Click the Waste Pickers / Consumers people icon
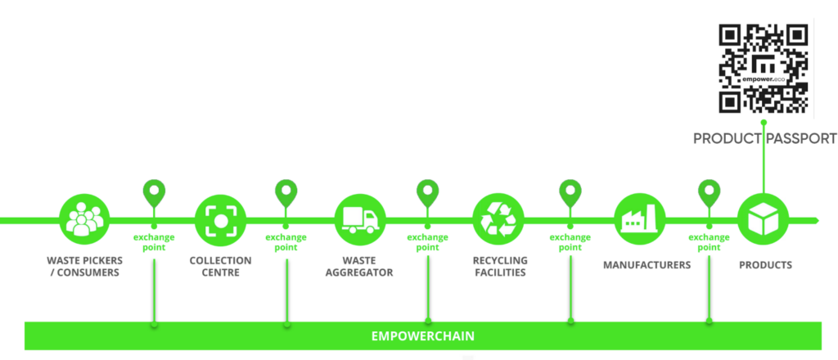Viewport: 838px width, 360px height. (84, 219)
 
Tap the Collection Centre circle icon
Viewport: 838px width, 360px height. (220, 219)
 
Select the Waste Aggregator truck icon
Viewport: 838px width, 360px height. (360, 219)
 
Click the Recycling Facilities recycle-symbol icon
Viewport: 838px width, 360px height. (498, 219)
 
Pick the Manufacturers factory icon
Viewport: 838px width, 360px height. (639, 219)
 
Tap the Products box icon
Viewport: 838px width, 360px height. (763, 219)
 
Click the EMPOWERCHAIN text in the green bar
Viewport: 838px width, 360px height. (422, 335)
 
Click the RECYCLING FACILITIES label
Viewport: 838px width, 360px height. (499, 267)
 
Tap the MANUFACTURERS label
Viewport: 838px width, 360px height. (647, 265)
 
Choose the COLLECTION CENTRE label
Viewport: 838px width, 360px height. (220, 267)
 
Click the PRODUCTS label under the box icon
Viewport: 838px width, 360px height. (765, 265)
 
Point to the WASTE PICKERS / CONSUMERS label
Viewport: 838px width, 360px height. (83, 267)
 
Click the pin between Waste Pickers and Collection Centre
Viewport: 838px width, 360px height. (153, 194)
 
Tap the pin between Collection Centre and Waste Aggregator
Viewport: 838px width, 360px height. (286, 194)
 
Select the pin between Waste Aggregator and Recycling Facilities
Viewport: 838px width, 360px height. (428, 194)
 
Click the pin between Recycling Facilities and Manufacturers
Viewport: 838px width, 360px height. (570, 194)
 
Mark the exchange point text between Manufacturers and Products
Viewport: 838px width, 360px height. (709, 242)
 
